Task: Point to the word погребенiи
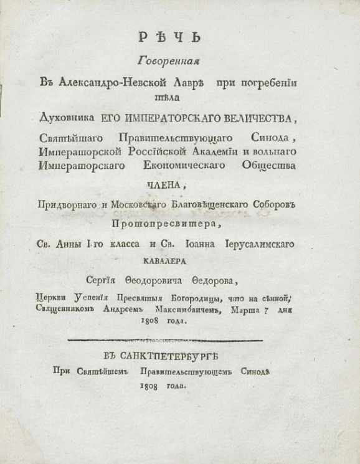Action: coord(255,81)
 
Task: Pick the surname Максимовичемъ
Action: coord(173,310)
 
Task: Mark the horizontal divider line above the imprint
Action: coord(164,340)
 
